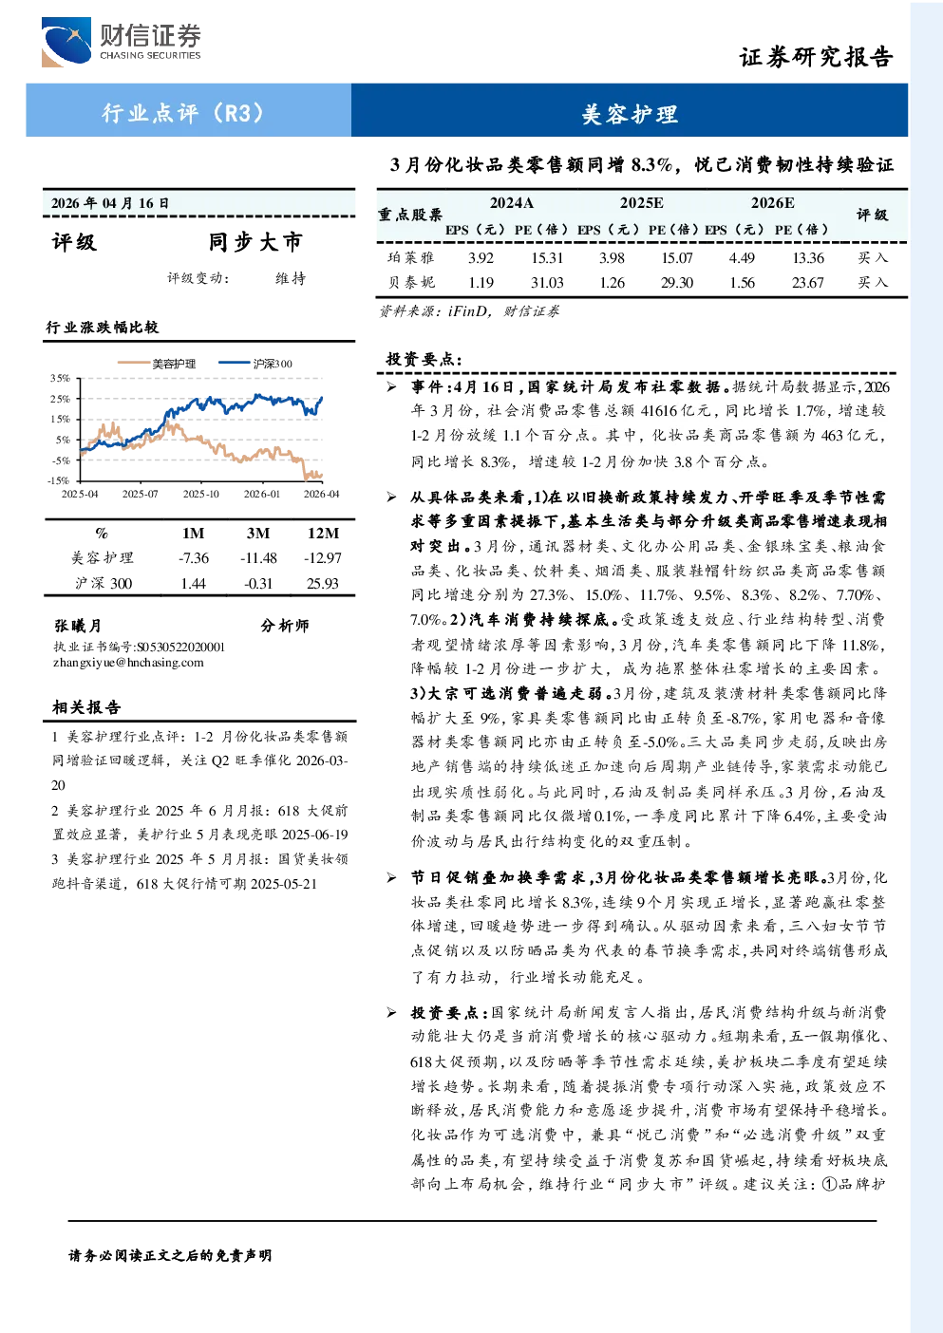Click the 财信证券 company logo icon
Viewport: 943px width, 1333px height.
click(66, 42)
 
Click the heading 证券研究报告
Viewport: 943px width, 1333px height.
click(816, 57)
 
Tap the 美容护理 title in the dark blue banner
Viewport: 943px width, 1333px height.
click(630, 114)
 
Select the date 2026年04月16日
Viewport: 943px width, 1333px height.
click(110, 203)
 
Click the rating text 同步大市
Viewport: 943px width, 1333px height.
click(255, 241)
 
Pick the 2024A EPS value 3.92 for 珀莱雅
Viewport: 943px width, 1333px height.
click(481, 257)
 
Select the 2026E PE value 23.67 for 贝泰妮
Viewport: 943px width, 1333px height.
click(808, 283)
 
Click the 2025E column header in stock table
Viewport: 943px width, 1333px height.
click(642, 203)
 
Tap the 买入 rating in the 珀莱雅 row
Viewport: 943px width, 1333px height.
click(873, 257)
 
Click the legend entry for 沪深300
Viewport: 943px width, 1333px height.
click(256, 364)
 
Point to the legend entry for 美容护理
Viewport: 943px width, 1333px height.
click(157, 364)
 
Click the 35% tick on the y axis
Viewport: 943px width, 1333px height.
click(60, 379)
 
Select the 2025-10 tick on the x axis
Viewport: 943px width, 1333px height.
click(200, 494)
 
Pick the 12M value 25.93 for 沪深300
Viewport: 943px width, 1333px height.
click(323, 583)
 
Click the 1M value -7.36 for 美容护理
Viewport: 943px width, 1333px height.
click(194, 558)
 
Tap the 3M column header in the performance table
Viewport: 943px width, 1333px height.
click(258, 534)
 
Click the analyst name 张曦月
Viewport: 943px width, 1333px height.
click(77, 626)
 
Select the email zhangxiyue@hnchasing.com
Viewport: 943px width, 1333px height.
click(128, 663)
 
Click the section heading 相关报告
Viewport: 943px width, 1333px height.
click(86, 707)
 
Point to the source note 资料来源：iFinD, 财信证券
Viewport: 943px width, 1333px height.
click(469, 311)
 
